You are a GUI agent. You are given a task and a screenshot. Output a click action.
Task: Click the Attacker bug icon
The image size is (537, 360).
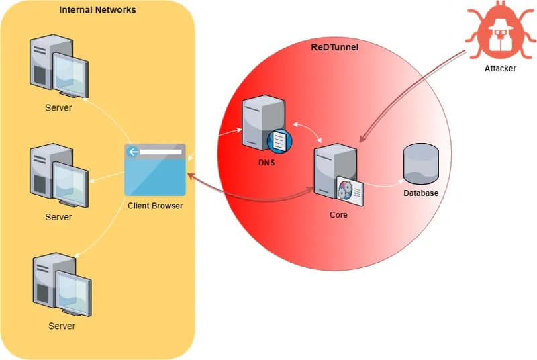tap(499, 31)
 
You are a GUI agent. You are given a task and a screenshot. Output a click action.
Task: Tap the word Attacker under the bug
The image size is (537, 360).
tap(500, 69)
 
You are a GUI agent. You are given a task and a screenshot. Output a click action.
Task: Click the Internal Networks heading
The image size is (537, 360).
tap(97, 10)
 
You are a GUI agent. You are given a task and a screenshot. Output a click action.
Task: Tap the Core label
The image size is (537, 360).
tap(338, 216)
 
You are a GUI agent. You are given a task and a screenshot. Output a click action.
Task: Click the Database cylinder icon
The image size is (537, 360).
tap(420, 163)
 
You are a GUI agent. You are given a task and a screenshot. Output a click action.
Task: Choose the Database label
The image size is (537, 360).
tap(420, 193)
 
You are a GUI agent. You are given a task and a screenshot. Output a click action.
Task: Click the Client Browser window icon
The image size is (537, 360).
tap(155, 170)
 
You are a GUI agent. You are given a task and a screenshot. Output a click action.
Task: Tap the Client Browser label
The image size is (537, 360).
tap(155, 206)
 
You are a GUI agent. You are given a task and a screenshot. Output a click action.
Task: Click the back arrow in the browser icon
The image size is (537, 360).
tap(134, 152)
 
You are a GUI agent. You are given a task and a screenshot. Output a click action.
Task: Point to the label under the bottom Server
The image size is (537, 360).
tap(62, 326)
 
